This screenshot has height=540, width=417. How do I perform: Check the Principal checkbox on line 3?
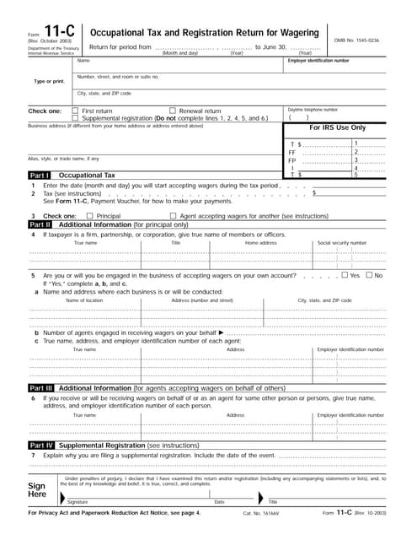click(x=90, y=217)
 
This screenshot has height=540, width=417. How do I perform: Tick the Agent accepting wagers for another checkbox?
click(x=174, y=217)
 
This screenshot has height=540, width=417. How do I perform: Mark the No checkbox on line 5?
click(x=369, y=275)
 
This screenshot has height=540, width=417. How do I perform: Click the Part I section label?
click(x=40, y=175)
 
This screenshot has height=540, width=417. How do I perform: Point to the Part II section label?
click(x=40, y=225)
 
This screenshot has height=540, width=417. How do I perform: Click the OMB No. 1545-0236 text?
click(x=362, y=40)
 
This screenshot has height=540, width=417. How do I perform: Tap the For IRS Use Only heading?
click(x=338, y=127)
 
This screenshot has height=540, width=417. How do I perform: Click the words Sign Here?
click(x=37, y=491)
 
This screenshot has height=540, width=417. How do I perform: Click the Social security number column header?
click(x=341, y=243)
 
